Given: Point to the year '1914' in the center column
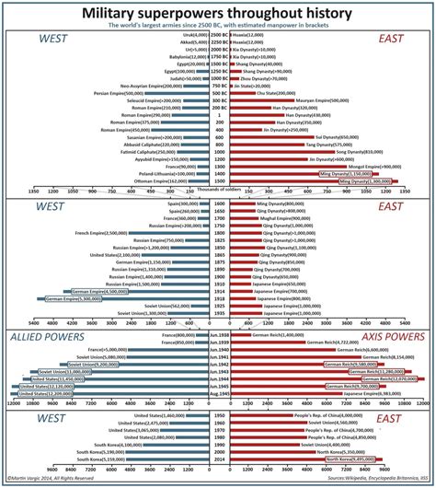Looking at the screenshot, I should coord(218,291).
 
